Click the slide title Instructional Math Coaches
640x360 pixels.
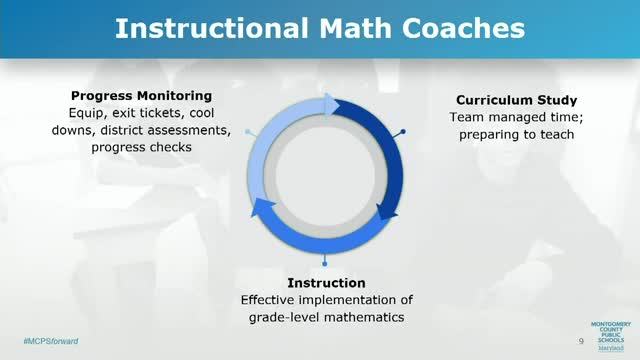click(319, 28)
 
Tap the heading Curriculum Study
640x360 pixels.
click(503, 101)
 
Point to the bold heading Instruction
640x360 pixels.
click(326, 283)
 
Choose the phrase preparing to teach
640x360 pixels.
click(503, 135)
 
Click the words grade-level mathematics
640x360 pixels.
click(326, 317)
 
